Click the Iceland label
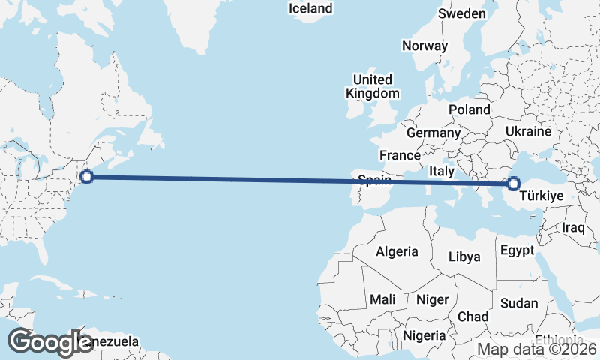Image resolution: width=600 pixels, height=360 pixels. [310, 8]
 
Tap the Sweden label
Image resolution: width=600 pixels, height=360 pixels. [462, 13]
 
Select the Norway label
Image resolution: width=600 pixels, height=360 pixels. [424, 46]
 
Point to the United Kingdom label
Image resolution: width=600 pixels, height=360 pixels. [373, 86]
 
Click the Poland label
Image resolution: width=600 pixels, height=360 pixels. [469, 109]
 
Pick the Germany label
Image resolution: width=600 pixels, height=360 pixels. [433, 133]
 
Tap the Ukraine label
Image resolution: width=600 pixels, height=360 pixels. [528, 131]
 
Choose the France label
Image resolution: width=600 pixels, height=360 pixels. [399, 155]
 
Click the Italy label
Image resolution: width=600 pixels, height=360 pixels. [442, 171]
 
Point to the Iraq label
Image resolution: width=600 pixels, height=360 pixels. [573, 227]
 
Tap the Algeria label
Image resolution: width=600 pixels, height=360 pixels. [397, 252]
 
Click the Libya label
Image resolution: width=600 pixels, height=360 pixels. [464, 256]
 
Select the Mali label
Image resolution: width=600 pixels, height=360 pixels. [382, 299]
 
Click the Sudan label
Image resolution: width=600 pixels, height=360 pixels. [520, 303]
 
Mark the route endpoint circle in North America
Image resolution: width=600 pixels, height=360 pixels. [86, 177]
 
